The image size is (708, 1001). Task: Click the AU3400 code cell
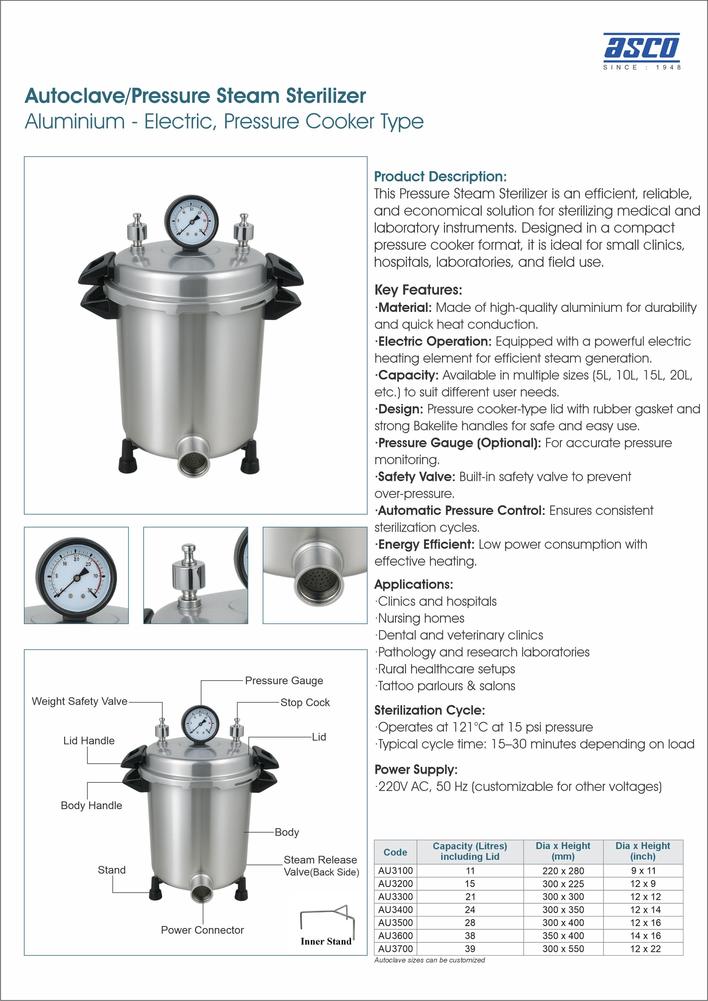pyautogui.click(x=395, y=909)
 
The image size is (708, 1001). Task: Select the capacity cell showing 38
pyautogui.click(x=470, y=936)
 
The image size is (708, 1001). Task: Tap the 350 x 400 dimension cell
pyautogui.click(x=563, y=936)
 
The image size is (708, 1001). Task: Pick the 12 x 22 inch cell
pyautogui.click(x=643, y=949)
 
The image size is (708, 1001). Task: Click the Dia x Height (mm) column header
pyautogui.click(x=563, y=851)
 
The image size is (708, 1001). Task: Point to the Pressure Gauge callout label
pyautogui.click(x=284, y=681)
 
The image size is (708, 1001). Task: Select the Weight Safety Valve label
pyautogui.click(x=80, y=701)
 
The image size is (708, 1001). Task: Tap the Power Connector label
pyautogui.click(x=202, y=930)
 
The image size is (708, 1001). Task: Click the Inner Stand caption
pyautogui.click(x=326, y=941)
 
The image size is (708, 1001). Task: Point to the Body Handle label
pyautogui.click(x=91, y=805)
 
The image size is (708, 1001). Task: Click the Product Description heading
pyautogui.click(x=440, y=176)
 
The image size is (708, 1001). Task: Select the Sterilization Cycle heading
pyautogui.click(x=430, y=710)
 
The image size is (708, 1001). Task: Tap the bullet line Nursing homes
pyautogui.click(x=420, y=618)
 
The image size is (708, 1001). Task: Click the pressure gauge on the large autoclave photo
pyautogui.click(x=191, y=222)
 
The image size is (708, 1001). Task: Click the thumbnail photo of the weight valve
pyautogui.click(x=196, y=575)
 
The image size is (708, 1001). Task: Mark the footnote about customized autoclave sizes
pyautogui.click(x=430, y=960)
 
